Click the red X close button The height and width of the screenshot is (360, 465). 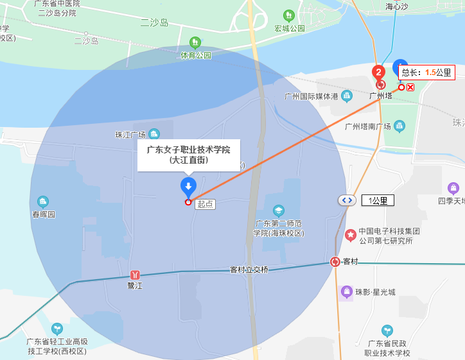pyautogui.click(x=410, y=87)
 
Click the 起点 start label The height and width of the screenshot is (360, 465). pyautogui.click(x=206, y=203)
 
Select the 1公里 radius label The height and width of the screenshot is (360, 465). pyautogui.click(x=378, y=200)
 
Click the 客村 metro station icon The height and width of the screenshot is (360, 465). pyautogui.click(x=335, y=262)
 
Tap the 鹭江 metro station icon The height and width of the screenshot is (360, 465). pyautogui.click(x=134, y=275)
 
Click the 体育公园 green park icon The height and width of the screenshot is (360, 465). pyautogui.click(x=195, y=42)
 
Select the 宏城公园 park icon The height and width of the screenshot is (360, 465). pyautogui.click(x=289, y=15)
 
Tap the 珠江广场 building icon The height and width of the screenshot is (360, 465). pyautogui.click(x=154, y=134)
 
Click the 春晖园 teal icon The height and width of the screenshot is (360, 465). pyautogui.click(x=43, y=201)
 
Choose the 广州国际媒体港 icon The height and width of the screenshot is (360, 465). pyautogui.click(x=347, y=96)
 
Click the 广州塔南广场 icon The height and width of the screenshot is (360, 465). pyautogui.click(x=399, y=126)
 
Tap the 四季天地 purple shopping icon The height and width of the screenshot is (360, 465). pyautogui.click(x=453, y=188)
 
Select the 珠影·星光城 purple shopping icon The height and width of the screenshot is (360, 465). pyautogui.click(x=347, y=292)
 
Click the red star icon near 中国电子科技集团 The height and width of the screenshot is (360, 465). pyautogui.click(x=351, y=236)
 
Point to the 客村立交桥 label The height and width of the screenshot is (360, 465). pyautogui.click(x=249, y=270)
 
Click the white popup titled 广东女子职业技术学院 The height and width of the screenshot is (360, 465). pyautogui.click(x=188, y=155)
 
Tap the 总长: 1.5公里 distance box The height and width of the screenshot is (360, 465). pyautogui.click(x=426, y=73)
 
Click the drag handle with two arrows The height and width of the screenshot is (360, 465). pyautogui.click(x=347, y=200)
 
